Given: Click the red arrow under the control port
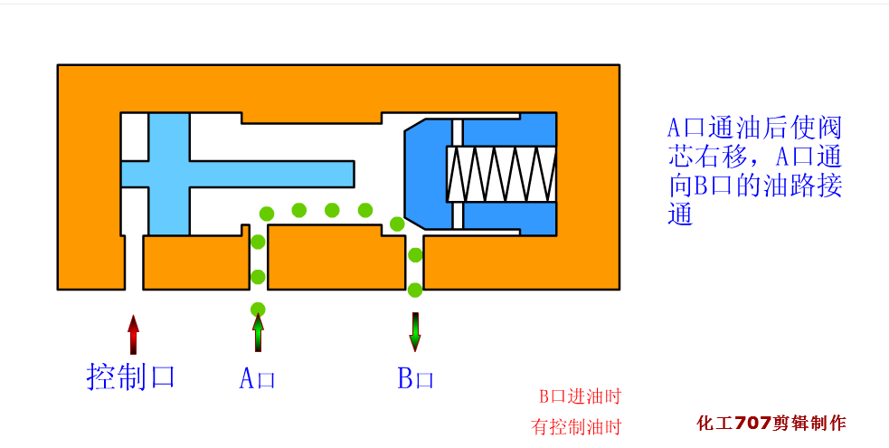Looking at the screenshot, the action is pyautogui.click(x=133, y=335).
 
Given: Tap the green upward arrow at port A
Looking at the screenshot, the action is pyautogui.click(x=258, y=333).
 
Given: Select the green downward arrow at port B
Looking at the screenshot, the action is pyautogui.click(x=415, y=332).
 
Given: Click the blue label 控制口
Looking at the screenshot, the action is pyautogui.click(x=130, y=377).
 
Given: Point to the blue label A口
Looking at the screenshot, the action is pyautogui.click(x=257, y=378).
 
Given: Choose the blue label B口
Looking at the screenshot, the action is pyautogui.click(x=415, y=378).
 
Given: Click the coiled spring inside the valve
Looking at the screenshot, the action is pyautogui.click(x=501, y=174).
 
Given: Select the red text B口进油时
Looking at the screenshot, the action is pyautogui.click(x=580, y=396).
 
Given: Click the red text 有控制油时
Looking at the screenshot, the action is pyautogui.click(x=576, y=426).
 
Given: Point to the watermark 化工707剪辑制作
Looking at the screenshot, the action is pyautogui.click(x=771, y=423).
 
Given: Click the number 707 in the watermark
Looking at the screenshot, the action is pyautogui.click(x=753, y=423).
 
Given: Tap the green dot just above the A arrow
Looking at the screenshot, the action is pyautogui.click(x=258, y=309).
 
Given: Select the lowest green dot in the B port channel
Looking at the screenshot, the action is pyautogui.click(x=415, y=291).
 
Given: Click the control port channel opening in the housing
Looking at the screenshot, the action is pyautogui.click(x=134, y=262).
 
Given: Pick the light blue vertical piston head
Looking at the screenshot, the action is pyautogui.click(x=169, y=174).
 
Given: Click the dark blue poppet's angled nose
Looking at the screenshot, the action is pyautogui.click(x=412, y=174).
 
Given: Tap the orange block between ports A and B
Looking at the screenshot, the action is pyautogui.click(x=336, y=257).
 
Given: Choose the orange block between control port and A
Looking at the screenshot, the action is pyautogui.click(x=196, y=262).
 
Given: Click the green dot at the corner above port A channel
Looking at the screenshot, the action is pyautogui.click(x=267, y=214).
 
